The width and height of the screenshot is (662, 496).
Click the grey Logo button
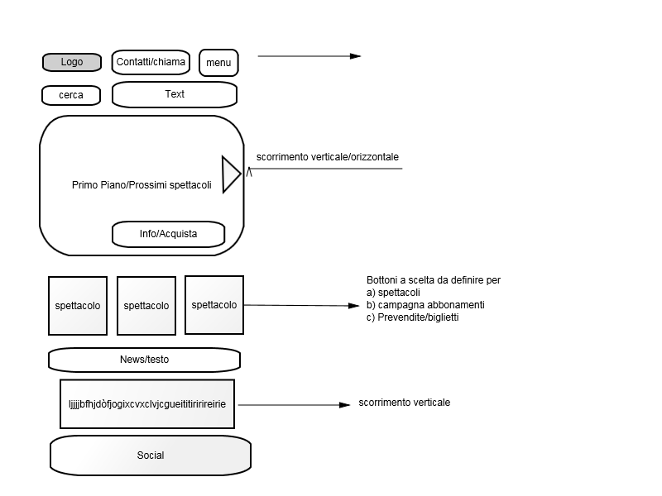[72, 62]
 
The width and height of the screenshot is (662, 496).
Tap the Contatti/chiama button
[151, 62]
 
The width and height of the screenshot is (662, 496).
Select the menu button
[218, 63]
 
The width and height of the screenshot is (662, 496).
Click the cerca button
[71, 95]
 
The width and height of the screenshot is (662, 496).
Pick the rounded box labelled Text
[175, 94]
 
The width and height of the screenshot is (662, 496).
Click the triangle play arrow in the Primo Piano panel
[231, 174]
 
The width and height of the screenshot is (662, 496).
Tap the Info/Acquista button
[169, 234]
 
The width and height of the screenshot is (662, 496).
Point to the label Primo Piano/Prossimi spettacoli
[142, 185]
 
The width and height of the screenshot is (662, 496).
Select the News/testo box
[144, 360]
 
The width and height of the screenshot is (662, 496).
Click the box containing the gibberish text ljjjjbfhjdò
[147, 404]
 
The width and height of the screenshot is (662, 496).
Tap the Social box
[151, 455]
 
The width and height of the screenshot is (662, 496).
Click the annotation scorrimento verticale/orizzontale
[327, 157]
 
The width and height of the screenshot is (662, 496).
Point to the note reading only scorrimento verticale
[405, 403]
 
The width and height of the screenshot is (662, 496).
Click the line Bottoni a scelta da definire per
[434, 280]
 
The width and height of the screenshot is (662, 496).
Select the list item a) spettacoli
[393, 293]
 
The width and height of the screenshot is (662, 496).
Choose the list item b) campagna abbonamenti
[425, 305]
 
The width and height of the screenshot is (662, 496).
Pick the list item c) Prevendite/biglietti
[412, 317]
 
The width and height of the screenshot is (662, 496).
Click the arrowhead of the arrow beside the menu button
[356, 56]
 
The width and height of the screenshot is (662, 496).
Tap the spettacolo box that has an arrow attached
[214, 305]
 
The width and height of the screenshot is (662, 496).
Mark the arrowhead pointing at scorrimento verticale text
[344, 405]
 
